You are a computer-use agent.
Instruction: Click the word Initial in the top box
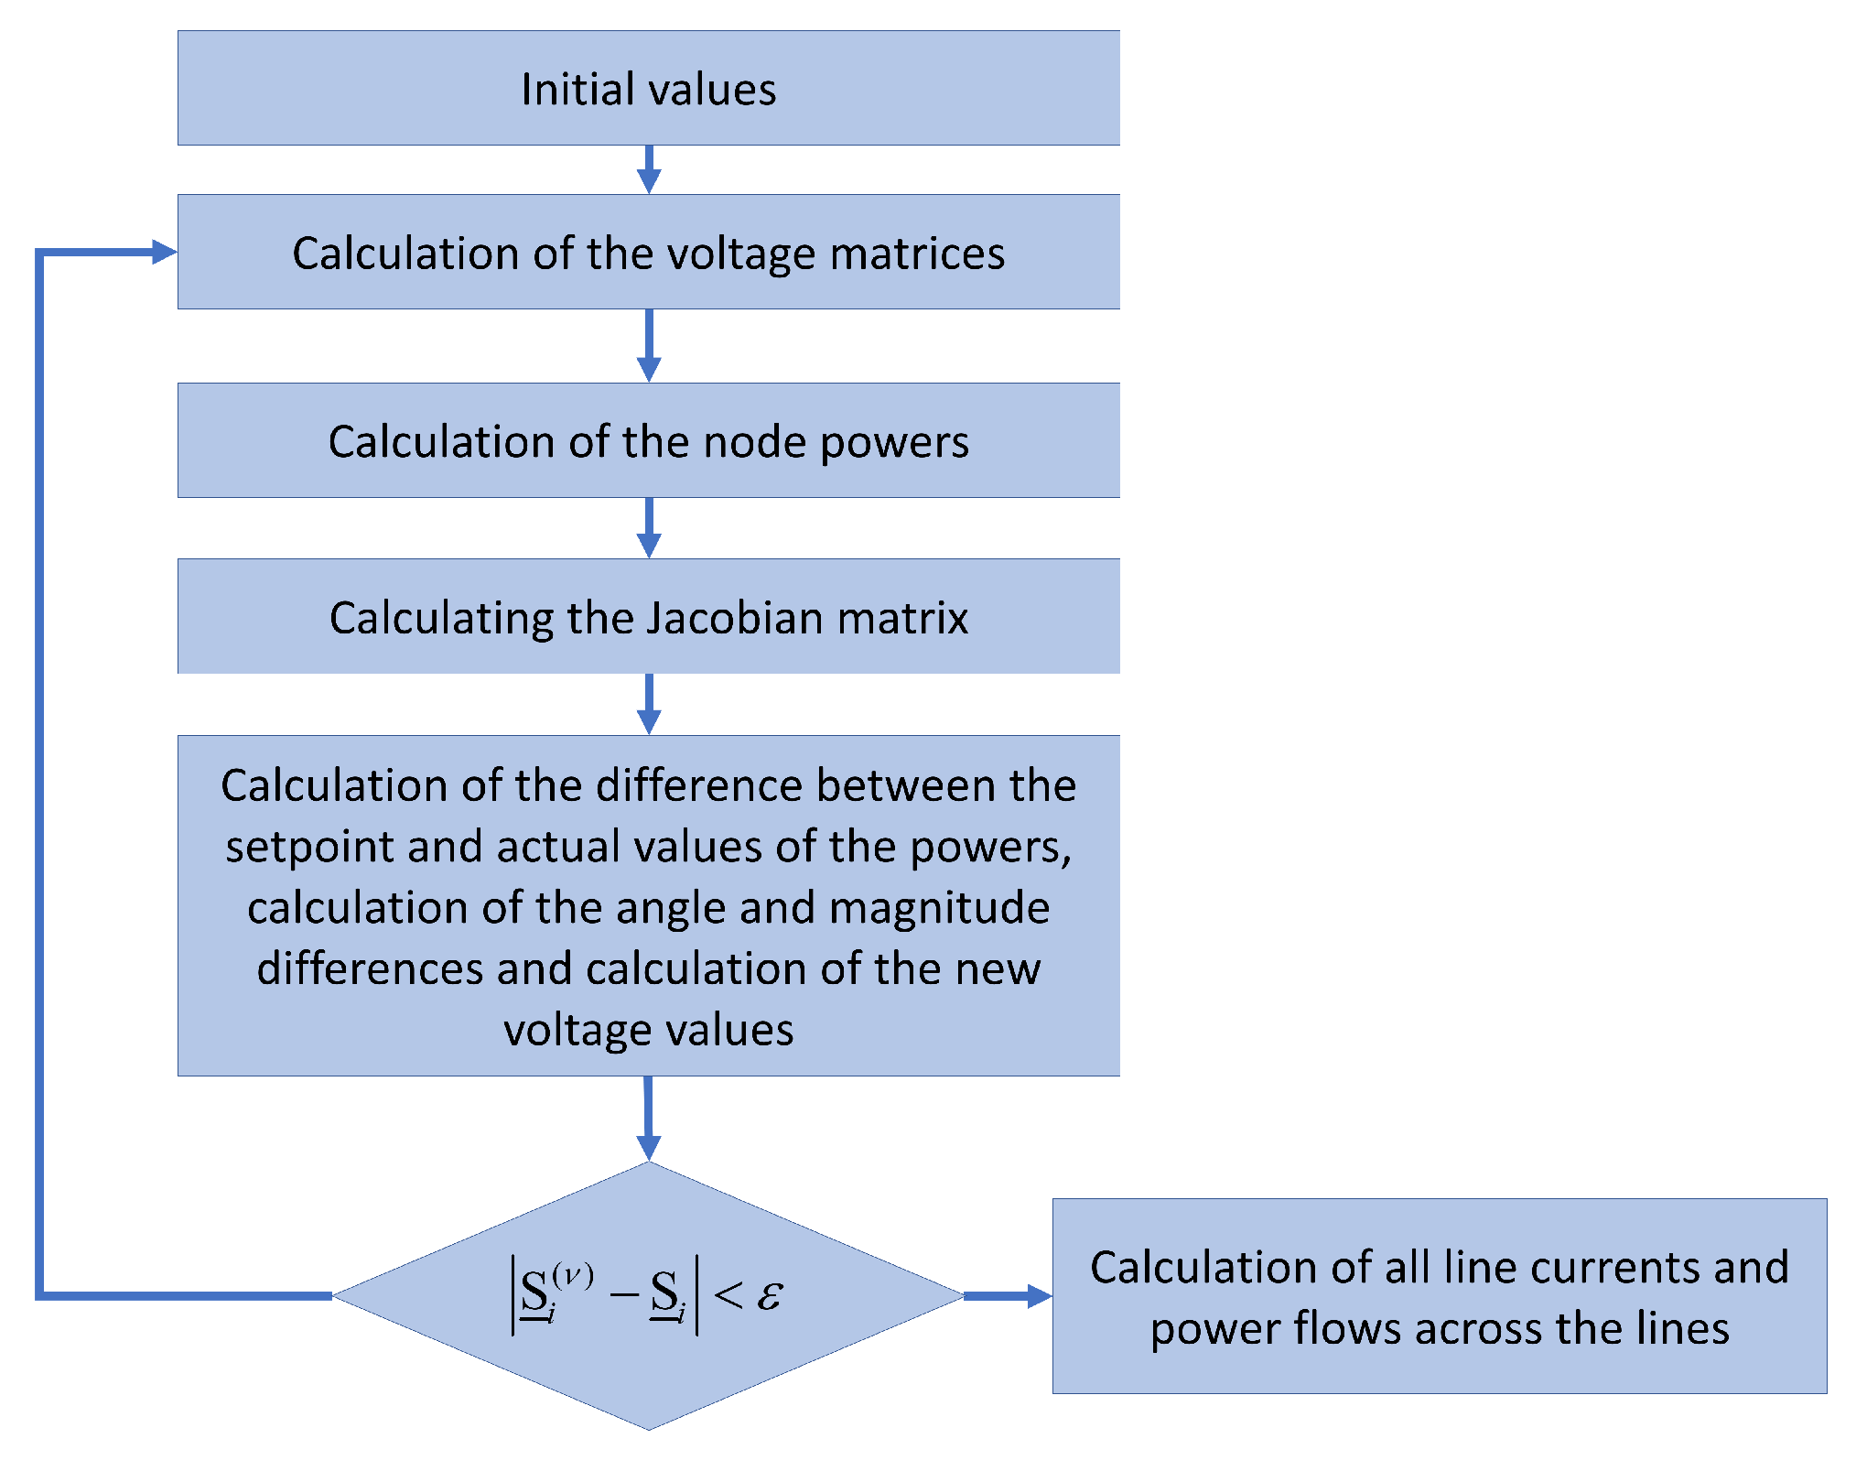564,90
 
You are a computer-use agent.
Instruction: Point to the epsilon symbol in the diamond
770,1295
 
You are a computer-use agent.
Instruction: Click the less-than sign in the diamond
728,1295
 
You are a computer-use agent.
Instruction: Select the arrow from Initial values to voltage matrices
649,170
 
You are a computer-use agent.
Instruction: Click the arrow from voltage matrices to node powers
649,346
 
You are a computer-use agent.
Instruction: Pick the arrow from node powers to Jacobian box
649,528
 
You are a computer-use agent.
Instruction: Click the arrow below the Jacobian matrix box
649,705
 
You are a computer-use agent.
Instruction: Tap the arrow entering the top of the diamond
649,1119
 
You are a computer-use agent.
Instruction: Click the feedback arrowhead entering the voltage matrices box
163,252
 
